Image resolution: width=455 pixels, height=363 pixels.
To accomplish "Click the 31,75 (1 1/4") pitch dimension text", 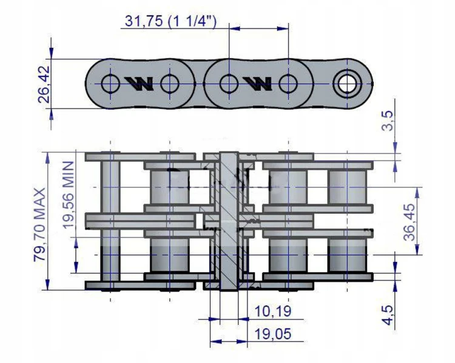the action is click(170, 21).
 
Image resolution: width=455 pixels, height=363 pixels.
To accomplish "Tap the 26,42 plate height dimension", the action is click(44, 84).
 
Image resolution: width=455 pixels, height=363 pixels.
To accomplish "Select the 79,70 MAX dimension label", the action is click(39, 225).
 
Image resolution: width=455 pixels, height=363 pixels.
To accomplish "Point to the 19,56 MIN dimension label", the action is click(68, 195).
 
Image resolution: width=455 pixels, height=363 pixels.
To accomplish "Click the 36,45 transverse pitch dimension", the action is click(409, 222).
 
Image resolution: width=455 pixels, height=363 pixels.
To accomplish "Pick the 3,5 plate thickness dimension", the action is click(388, 121).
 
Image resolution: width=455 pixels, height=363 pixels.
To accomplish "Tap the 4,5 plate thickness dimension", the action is click(388, 315).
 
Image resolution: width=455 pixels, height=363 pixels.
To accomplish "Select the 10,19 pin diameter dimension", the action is click(273, 311).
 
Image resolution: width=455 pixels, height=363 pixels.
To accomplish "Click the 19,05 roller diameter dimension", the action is click(273, 334).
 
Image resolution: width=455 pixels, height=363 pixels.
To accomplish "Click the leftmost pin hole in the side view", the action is click(110, 84).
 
